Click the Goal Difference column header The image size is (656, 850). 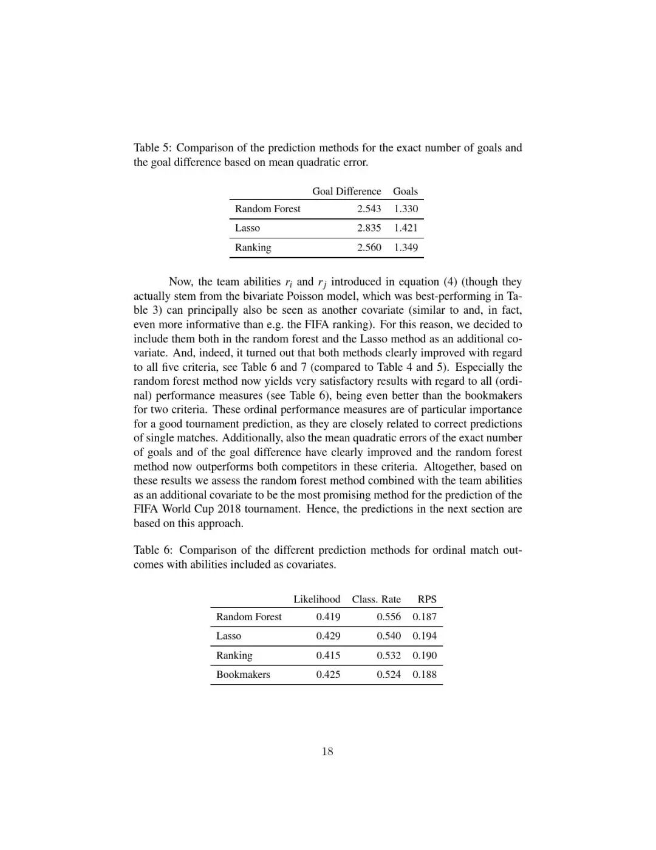pos(346,191)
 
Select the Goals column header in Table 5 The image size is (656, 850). pos(405,191)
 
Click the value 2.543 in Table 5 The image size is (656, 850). pos(369,209)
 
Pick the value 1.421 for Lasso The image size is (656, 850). pos(406,228)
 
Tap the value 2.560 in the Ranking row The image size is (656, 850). pos(369,247)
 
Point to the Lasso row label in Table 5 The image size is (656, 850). pos(247,228)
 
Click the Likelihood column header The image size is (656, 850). pos(316,599)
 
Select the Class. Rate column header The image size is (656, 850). pos(376,599)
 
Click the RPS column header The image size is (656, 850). pos(427,599)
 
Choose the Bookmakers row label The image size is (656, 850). pos(243,674)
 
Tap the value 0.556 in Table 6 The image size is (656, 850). pos(388,617)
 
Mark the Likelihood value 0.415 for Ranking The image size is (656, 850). pos(328,655)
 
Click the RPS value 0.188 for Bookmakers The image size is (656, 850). pos(425,674)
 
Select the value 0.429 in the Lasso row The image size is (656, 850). pos(328,636)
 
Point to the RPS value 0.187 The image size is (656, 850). pos(425,617)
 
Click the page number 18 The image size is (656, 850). pos(327,752)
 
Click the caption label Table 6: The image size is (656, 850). pos(153,550)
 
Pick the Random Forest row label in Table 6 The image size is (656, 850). pos(248,617)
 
